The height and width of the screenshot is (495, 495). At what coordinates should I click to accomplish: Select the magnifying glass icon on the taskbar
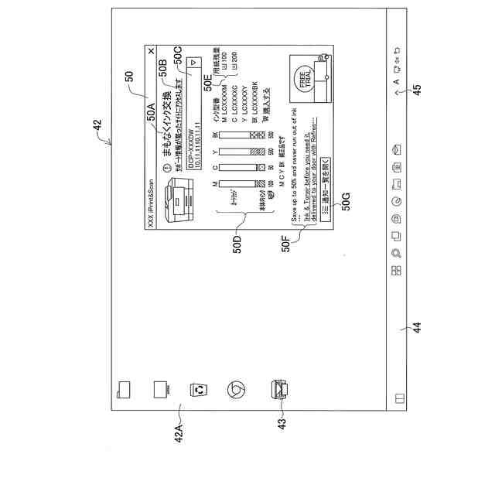(x=396, y=253)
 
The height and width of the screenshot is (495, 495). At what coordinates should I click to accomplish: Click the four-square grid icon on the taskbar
(x=396, y=270)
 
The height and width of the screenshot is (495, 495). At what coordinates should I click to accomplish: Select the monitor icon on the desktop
(x=162, y=389)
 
